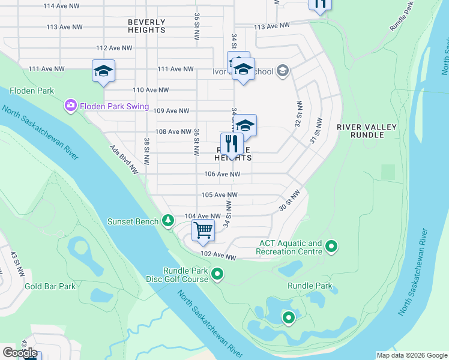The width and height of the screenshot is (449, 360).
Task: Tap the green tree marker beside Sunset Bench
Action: coord(169,221)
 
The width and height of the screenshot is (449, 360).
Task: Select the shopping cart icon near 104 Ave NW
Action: coord(203,230)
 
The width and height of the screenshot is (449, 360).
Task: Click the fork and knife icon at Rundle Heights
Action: coord(232,145)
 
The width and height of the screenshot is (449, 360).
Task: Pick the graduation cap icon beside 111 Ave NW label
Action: coord(103,71)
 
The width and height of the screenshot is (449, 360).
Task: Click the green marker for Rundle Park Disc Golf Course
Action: coord(217,275)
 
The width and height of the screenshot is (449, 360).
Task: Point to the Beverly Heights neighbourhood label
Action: coord(146,26)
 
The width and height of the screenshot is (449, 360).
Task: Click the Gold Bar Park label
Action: coord(50,286)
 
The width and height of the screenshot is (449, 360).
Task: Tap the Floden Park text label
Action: coord(32,91)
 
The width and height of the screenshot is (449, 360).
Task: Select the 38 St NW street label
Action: coord(146,151)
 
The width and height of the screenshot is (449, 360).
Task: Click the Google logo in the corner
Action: coord(20,353)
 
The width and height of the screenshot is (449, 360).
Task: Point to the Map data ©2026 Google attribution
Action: coord(411,355)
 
